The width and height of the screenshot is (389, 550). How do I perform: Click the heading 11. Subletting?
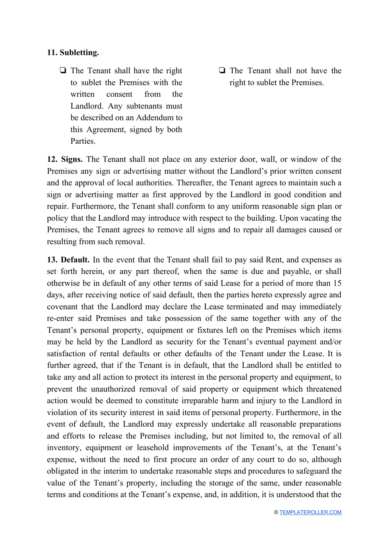pos(73,52)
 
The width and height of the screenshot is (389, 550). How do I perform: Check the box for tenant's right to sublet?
pos(63,70)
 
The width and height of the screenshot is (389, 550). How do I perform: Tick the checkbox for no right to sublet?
pos(222,70)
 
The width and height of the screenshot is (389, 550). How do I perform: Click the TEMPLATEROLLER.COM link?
pos(310,512)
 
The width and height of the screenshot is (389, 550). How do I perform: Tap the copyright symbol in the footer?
pos(276,512)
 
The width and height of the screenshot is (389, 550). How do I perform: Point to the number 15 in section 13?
pos(337,283)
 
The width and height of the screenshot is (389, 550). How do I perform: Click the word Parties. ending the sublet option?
pos(83,141)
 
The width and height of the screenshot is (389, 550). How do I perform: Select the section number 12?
pos(52,159)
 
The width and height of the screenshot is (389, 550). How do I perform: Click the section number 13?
pos(52,260)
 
